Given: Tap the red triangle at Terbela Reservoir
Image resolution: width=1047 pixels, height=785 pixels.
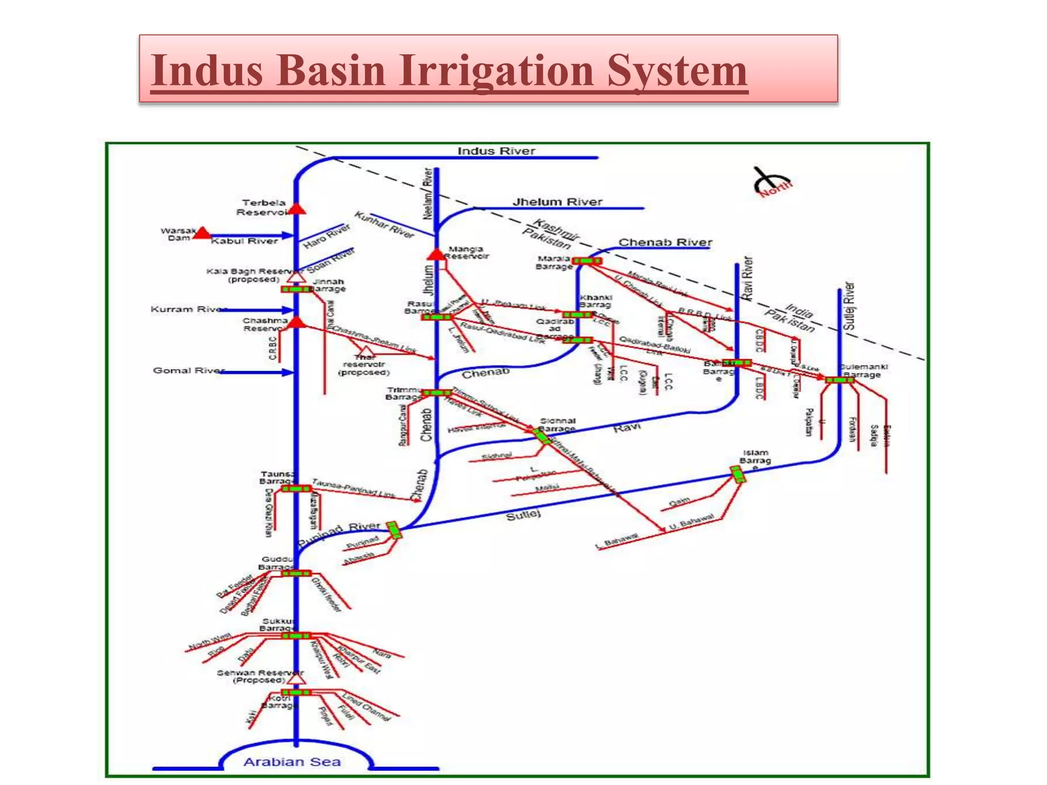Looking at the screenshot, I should pos(297,209).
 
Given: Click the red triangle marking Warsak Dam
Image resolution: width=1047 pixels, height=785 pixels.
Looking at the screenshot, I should pos(202,234).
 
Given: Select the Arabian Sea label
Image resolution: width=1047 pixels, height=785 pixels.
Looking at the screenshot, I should pos(292,762).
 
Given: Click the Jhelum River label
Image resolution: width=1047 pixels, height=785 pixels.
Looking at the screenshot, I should pos(557,202).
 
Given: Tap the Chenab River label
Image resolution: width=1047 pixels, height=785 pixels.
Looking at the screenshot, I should pos(665,242).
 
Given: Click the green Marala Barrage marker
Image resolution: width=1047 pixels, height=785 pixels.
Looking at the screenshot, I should pos(587,261).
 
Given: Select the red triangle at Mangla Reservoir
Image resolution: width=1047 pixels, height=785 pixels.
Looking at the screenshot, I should pos(437,255).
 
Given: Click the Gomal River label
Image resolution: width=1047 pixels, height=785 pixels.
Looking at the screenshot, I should pos(188,371).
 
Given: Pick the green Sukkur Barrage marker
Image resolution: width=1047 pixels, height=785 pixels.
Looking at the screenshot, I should pos(296,636).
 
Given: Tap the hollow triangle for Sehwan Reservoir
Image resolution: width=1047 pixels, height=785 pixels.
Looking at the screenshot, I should pos(296,679).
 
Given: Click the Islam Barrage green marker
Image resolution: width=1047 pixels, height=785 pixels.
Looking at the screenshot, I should pos(738,474).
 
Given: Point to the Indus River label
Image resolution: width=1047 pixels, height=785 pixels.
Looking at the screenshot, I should pos(496,151).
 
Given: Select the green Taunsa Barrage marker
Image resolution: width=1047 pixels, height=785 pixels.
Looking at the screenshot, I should pos(296,489).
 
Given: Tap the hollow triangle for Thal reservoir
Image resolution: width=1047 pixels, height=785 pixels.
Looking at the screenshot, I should pos(367,351).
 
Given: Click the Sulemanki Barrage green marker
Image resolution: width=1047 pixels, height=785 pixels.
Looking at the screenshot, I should pos(839,380).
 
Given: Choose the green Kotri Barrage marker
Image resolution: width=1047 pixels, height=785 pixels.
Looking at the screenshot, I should pos(296,692).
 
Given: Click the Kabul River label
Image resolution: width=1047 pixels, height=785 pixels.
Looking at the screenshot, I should pos(244,241).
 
